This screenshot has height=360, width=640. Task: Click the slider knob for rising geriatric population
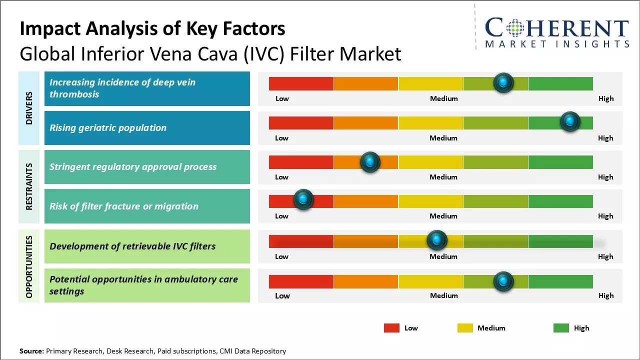tap(570, 121)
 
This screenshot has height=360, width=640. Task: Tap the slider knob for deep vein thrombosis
tap(503, 82)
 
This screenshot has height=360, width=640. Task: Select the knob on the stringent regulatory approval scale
tap(370, 162)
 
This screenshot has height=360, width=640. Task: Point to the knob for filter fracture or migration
tap(303, 200)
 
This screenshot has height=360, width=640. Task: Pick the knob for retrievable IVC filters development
tap(437, 240)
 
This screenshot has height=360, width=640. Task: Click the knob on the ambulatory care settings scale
tap(503, 281)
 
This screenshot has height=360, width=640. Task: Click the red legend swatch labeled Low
tap(391, 328)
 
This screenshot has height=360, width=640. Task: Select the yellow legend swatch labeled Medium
tap(465, 328)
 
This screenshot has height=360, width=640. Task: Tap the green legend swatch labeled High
tap(561, 328)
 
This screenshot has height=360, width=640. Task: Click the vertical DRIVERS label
tap(29, 107)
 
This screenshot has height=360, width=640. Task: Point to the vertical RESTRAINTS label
tap(29, 186)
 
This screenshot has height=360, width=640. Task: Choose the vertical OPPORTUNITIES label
tap(29, 266)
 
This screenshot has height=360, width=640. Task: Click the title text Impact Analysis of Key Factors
tap(152, 28)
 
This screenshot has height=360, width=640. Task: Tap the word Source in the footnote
tap(31, 351)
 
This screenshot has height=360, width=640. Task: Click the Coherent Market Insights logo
tap(557, 32)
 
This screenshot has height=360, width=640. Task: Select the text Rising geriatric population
tap(108, 128)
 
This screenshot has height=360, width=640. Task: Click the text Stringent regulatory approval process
tap(133, 167)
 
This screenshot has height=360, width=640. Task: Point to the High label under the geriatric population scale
tap(605, 138)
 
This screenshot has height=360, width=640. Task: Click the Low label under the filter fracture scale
tap(281, 216)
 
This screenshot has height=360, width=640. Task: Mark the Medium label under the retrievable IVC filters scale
tap(443, 256)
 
